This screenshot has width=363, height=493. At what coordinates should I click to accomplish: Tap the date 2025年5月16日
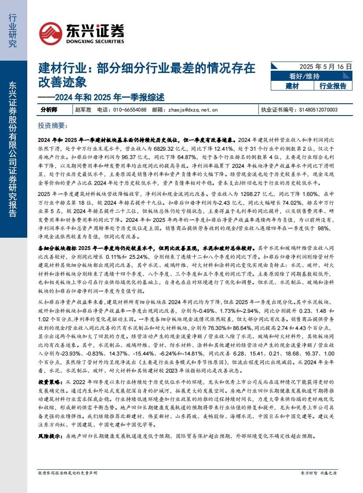tap(326, 66)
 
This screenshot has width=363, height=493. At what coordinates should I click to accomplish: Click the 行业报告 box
tap(333, 86)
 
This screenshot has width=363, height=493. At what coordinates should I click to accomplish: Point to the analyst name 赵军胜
tap(83, 109)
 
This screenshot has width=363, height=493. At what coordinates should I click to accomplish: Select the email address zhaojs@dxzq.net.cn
tap(193, 109)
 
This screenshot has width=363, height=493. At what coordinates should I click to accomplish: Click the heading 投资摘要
tap(51, 126)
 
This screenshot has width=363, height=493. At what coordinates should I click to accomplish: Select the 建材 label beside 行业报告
tap(292, 86)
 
